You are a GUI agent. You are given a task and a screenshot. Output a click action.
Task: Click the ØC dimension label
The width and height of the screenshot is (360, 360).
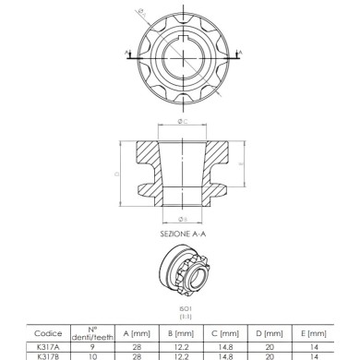coord(183,121)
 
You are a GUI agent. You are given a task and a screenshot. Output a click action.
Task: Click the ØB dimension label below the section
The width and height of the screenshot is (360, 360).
coord(183,220)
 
